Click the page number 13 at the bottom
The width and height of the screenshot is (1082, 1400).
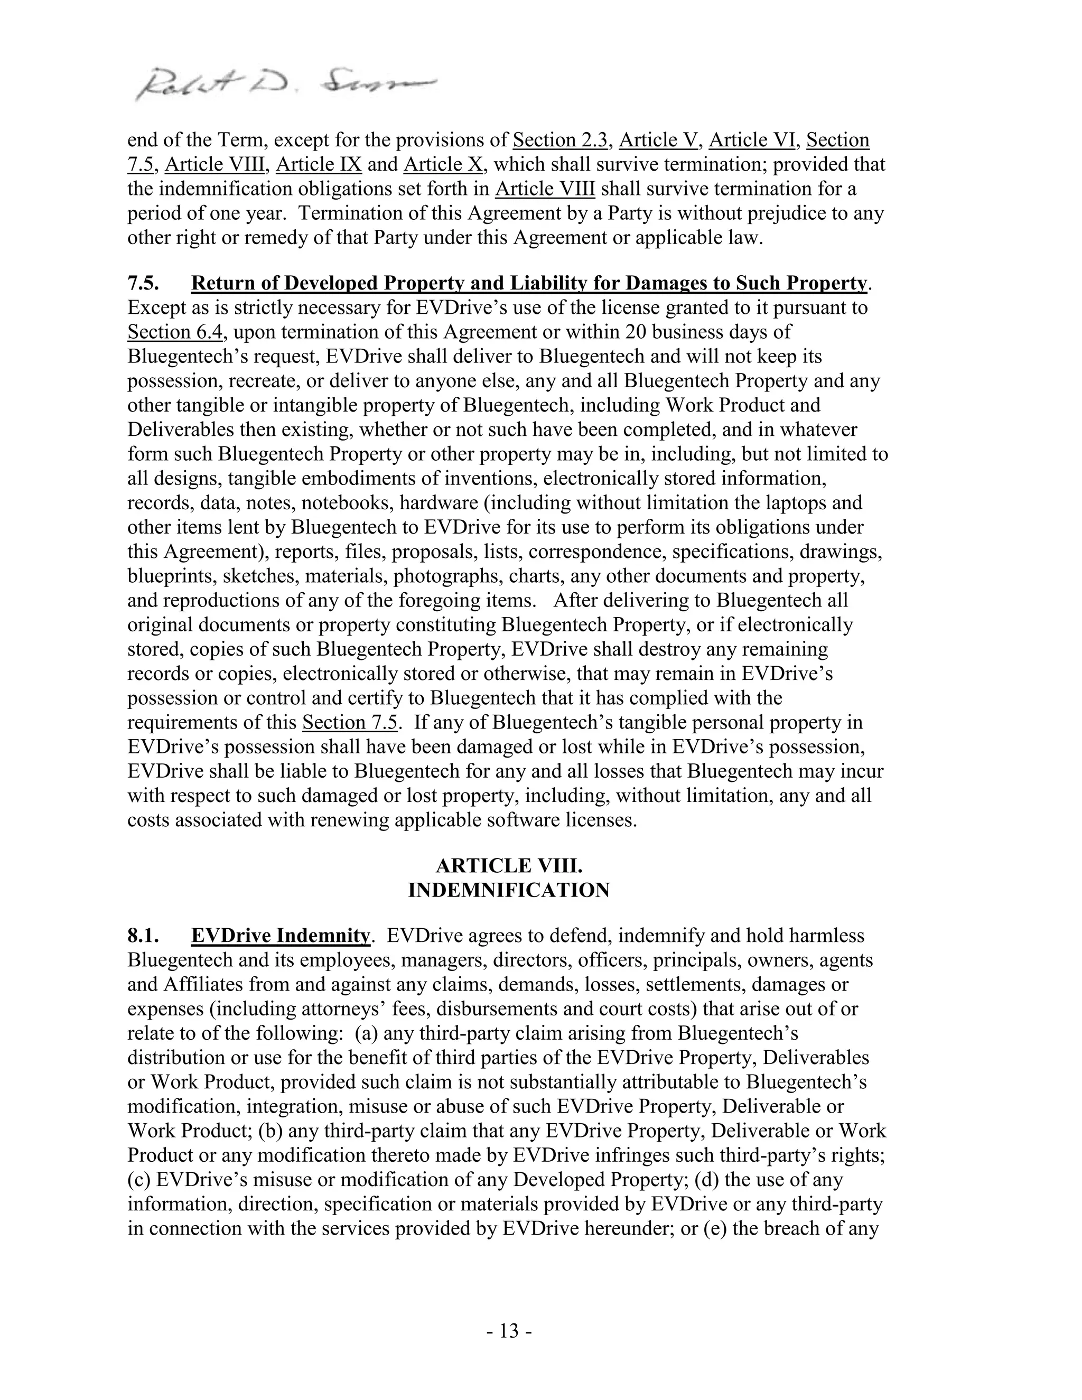click(509, 1331)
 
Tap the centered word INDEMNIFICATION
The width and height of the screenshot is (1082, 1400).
click(509, 890)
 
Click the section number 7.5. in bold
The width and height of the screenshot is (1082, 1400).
click(143, 283)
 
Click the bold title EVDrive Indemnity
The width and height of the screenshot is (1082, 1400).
click(280, 936)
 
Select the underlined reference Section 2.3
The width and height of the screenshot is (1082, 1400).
click(559, 140)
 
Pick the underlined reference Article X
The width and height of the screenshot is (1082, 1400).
click(443, 164)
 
